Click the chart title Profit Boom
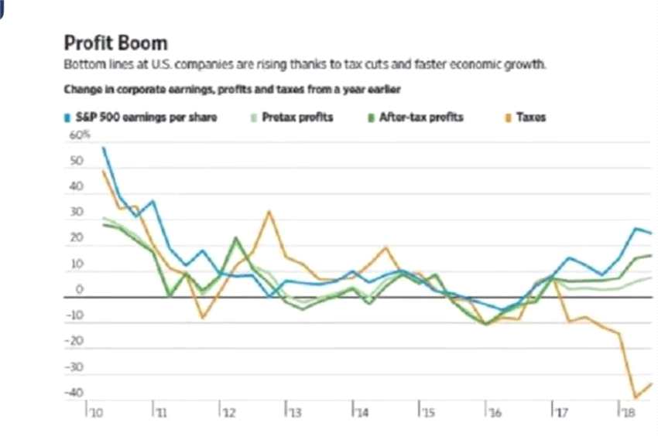click(115, 43)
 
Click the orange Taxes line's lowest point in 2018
click(636, 397)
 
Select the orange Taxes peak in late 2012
click(269, 211)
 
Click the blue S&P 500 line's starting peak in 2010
click(103, 148)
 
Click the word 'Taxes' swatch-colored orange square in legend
click(509, 118)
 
